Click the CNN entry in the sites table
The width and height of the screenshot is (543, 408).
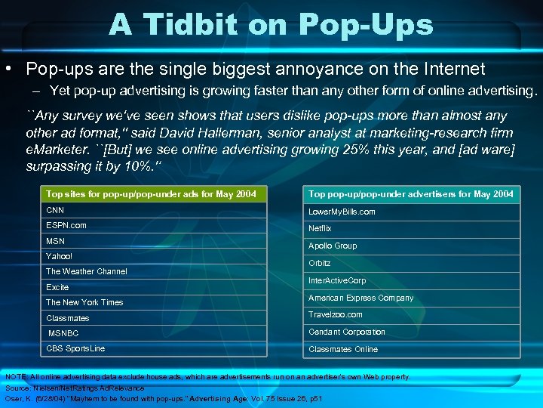point(55,210)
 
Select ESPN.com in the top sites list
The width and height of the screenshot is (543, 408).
point(66,225)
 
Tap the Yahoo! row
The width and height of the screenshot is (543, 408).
point(60,256)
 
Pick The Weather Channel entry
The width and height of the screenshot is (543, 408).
point(87,271)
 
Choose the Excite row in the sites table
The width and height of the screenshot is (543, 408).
point(57,287)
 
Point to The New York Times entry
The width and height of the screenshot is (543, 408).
point(84,302)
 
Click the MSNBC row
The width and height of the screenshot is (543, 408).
point(63,333)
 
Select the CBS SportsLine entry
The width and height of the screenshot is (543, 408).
point(75,348)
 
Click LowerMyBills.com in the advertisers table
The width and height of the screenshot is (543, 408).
point(342,212)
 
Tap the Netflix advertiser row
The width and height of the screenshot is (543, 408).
point(320,228)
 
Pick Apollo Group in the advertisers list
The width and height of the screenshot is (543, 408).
point(333,246)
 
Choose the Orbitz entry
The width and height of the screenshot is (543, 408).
point(320,263)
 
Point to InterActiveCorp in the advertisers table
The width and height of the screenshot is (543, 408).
point(337,280)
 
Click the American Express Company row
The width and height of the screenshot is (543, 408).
point(361,298)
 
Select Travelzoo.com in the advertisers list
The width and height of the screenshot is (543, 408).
point(336,314)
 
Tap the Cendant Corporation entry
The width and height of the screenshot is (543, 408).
point(347,332)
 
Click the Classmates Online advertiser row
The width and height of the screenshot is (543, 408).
point(343,349)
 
